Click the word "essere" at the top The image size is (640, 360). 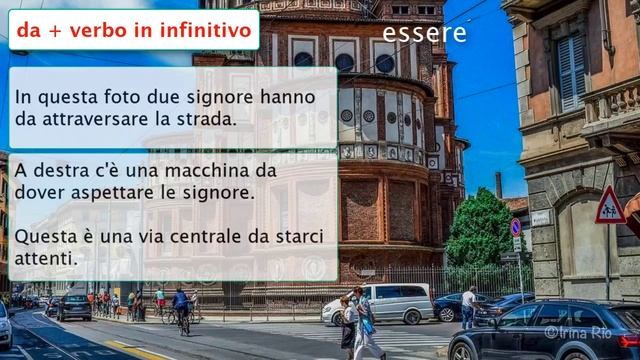[424, 33]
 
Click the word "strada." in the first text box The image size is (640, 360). [210, 119]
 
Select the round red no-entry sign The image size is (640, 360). [516, 227]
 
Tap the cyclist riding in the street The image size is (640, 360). [181, 307]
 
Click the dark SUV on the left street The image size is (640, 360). [73, 306]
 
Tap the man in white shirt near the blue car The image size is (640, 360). [468, 307]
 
